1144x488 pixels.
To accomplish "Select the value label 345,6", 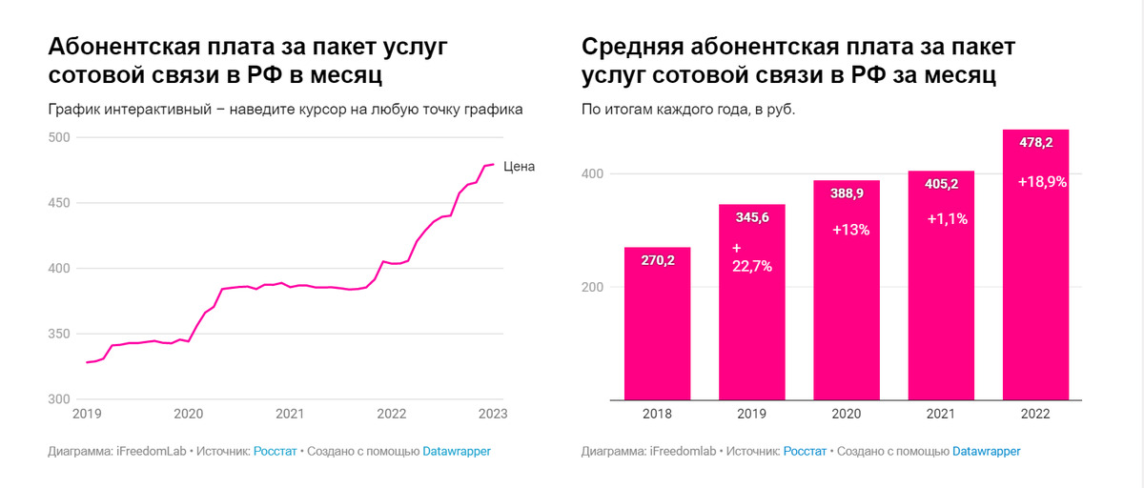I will [x=751, y=218].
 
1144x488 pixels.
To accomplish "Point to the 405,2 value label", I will [x=941, y=184].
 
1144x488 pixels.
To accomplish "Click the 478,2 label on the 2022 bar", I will [x=1034, y=143].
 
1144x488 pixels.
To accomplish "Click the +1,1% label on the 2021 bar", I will [x=948, y=218].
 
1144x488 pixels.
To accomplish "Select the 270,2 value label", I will [x=657, y=260].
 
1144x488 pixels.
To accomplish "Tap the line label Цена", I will [x=520, y=167].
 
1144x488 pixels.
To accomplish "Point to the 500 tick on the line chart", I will [x=60, y=137].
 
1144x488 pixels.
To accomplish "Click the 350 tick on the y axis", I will [x=60, y=334].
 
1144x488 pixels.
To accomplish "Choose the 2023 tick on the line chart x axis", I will [x=492, y=414].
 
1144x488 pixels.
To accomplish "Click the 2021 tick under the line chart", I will [x=290, y=414].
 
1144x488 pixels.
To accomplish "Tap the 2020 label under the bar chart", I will [x=847, y=414].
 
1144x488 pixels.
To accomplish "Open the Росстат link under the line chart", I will [x=275, y=451].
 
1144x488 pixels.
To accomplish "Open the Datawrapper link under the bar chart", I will [x=986, y=451].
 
